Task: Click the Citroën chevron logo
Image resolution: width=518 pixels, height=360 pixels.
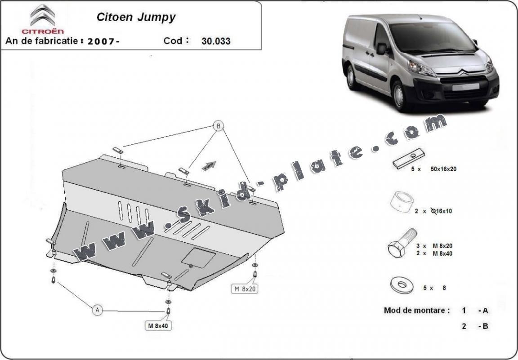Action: pyautogui.click(x=43, y=15)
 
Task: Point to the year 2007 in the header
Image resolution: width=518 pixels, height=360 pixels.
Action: pyautogui.click(x=102, y=41)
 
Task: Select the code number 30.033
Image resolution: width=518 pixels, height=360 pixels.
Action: pyautogui.click(x=216, y=41)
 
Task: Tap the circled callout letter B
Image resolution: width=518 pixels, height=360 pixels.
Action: pyautogui.click(x=219, y=126)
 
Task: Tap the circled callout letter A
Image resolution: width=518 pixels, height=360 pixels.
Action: pyautogui.click(x=97, y=309)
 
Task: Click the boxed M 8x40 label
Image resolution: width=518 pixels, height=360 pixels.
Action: pyautogui.click(x=158, y=325)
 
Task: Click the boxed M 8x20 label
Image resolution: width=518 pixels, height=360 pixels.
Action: pyautogui.click(x=245, y=289)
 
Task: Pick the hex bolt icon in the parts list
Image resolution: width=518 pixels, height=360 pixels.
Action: pyautogui.click(x=401, y=245)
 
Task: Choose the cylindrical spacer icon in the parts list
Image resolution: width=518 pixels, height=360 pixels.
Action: pyautogui.click(x=402, y=202)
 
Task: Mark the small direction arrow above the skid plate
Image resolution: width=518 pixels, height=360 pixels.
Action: pyautogui.click(x=209, y=165)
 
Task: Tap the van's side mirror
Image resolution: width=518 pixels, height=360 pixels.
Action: pyautogui.click(x=382, y=49)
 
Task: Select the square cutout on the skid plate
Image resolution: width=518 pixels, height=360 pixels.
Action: pyautogui.click(x=198, y=257)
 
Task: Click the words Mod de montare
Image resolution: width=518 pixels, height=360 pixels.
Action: pyautogui.click(x=417, y=310)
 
